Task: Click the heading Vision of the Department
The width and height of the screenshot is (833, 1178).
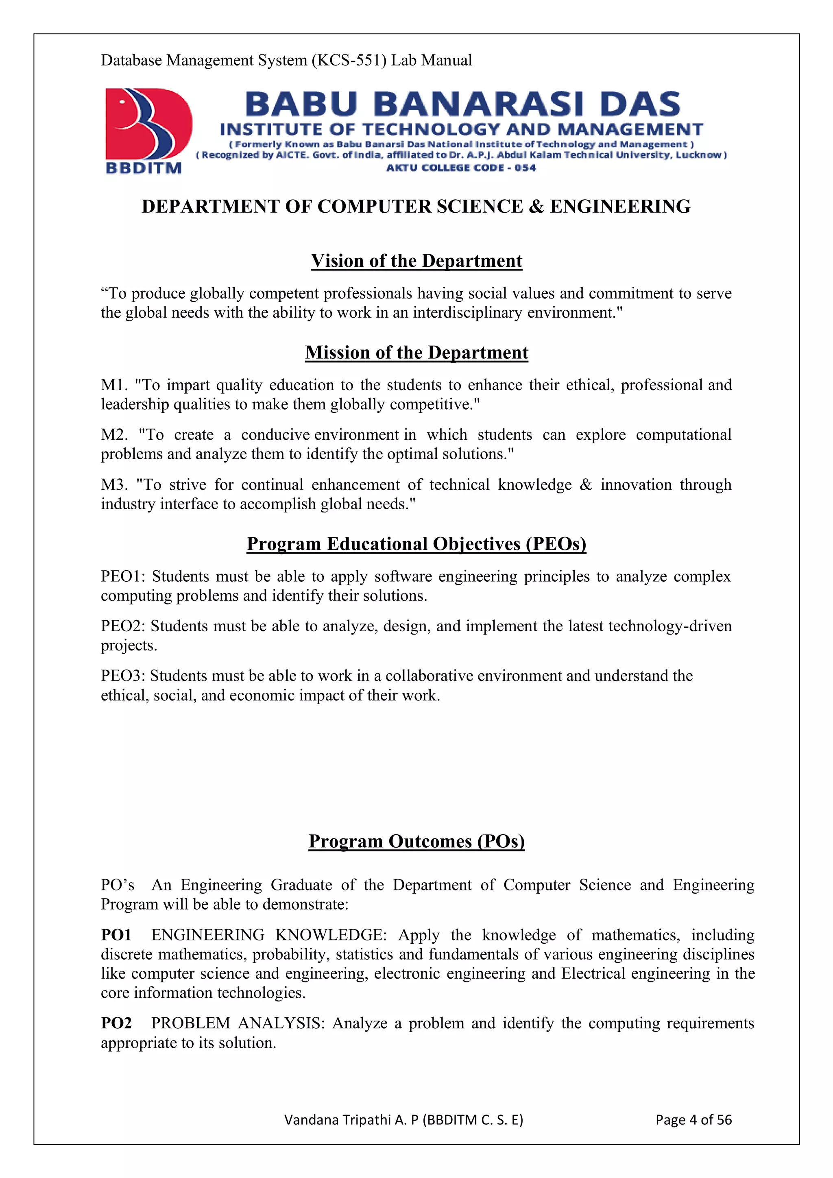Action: click(x=416, y=261)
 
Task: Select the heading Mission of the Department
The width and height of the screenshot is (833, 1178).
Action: click(x=416, y=353)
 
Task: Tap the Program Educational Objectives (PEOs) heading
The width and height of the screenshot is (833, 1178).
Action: click(x=416, y=544)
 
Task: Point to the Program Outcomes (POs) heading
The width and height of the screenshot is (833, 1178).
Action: click(x=416, y=842)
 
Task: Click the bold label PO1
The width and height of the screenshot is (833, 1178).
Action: click(x=116, y=935)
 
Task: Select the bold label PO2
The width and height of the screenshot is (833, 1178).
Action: click(x=116, y=1023)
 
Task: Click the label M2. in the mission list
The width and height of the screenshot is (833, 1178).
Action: click(x=114, y=434)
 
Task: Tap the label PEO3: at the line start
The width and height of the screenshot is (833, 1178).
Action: click(x=123, y=676)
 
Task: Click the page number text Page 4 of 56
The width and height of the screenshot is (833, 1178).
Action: click(x=693, y=1119)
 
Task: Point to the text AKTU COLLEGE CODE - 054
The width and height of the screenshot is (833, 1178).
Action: click(x=460, y=167)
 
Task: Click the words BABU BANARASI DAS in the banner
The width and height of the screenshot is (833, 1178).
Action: click(x=462, y=104)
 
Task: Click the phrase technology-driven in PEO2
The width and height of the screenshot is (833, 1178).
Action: click(x=669, y=626)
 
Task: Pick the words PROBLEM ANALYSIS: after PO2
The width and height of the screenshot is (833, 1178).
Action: click(x=238, y=1023)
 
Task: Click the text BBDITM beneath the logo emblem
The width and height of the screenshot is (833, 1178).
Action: click(x=144, y=168)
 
